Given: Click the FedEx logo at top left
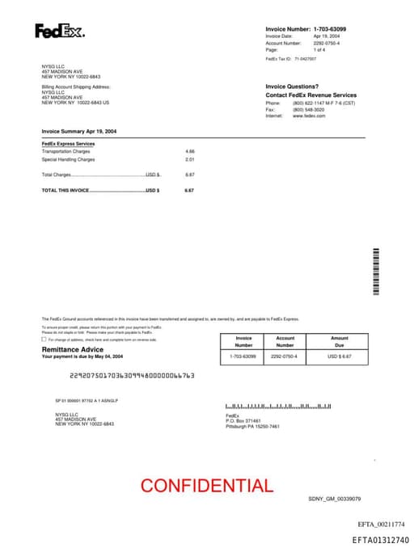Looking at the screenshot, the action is pyautogui.click(x=59, y=32).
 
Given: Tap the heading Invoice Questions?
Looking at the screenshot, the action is pyautogui.click(x=292, y=86).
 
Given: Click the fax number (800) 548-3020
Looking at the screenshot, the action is pyautogui.click(x=308, y=110).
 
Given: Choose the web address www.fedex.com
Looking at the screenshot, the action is pyautogui.click(x=309, y=116).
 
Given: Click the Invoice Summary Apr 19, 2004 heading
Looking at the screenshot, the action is pyautogui.click(x=79, y=131).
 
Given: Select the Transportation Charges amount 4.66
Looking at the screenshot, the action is pyautogui.click(x=190, y=151).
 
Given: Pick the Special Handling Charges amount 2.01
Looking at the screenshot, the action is pyautogui.click(x=190, y=159).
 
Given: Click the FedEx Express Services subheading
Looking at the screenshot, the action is pyautogui.click(x=68, y=144).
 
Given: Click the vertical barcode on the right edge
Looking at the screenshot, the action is pyautogui.click(x=376, y=272).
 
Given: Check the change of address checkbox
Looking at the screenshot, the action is pyautogui.click(x=44, y=339).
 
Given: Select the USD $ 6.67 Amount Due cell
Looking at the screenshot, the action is pyautogui.click(x=340, y=356).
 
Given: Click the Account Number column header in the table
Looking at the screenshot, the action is pyautogui.click(x=285, y=342).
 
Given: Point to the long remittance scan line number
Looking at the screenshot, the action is pyautogui.click(x=133, y=376).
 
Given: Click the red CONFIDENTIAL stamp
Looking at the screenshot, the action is pyautogui.click(x=206, y=486).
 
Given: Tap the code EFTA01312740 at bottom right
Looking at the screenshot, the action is pyautogui.click(x=380, y=540).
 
